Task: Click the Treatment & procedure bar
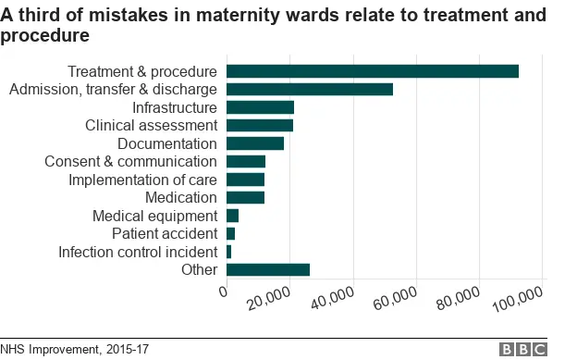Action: (372, 71)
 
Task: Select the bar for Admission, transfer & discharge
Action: (310, 89)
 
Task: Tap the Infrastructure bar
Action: (260, 107)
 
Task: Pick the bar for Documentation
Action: (255, 143)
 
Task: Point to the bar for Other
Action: (268, 269)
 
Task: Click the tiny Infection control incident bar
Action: (228, 252)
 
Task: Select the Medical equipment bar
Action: (232, 216)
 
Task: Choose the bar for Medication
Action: (245, 197)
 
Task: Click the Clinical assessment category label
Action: (151, 125)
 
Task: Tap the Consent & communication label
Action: (130, 161)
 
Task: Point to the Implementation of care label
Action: (142, 180)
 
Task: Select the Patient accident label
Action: (164, 233)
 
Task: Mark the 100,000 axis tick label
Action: (521, 300)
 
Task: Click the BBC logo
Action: (522, 350)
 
